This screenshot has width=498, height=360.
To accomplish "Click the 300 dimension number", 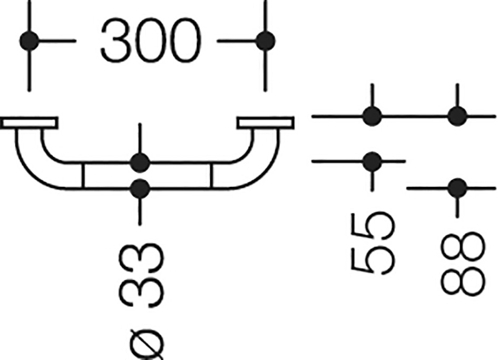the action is [x=151, y=41].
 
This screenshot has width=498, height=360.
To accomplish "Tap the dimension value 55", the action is [x=373, y=244].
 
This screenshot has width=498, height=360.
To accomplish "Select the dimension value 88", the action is [x=463, y=264].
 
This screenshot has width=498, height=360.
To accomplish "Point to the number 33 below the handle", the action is [x=141, y=275].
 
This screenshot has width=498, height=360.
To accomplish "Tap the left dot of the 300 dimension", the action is [x=29, y=41].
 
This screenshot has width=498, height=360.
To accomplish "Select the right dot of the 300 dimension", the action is [x=265, y=41].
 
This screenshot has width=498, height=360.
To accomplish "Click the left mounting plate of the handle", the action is [x=29, y=123].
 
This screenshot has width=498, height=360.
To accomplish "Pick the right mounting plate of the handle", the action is [x=266, y=123].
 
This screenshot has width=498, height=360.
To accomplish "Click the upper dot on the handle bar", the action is [x=140, y=163].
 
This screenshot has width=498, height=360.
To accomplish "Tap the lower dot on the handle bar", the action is [x=140, y=189].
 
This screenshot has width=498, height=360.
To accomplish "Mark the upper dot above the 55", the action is [x=372, y=116].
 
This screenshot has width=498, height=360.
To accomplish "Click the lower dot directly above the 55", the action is [x=372, y=161].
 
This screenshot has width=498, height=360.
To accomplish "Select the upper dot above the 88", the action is [x=457, y=116].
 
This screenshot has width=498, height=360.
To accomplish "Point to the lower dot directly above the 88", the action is [x=457, y=188].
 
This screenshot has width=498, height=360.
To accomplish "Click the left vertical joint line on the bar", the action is [x=83, y=176].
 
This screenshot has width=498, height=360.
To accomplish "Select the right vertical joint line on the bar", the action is [x=212, y=176].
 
